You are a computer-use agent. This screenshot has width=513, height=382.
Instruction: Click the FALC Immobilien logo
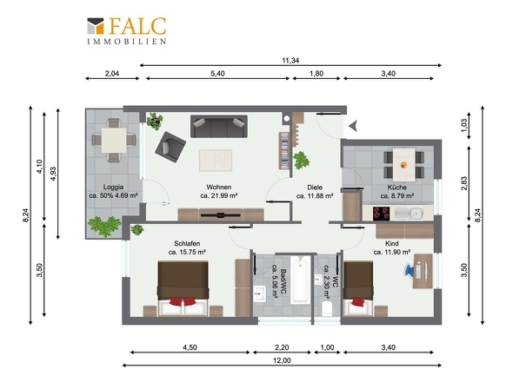127,30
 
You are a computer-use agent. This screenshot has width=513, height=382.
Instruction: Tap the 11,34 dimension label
290,61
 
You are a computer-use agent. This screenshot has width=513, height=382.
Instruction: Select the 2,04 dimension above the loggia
112,74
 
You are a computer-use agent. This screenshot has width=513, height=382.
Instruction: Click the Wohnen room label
218,188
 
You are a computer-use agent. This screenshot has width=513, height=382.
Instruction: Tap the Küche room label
396,188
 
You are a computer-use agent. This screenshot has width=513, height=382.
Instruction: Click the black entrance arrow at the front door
353,126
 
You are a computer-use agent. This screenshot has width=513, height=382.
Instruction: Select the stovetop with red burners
382,214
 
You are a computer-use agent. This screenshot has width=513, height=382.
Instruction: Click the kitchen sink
409,214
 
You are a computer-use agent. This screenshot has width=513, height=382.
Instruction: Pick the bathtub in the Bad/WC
300,280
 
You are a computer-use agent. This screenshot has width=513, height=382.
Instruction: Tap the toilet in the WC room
327,308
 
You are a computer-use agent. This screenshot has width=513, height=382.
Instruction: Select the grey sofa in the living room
219,126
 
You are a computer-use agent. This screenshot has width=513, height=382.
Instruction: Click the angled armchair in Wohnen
170,147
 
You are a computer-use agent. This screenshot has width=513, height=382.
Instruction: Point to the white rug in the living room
216,160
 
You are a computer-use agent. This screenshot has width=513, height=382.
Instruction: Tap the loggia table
114,140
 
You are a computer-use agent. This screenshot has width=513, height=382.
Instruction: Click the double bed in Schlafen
183,289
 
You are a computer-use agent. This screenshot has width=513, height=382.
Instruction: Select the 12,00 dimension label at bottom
282,360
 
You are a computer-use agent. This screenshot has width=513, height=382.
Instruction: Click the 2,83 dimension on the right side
463,183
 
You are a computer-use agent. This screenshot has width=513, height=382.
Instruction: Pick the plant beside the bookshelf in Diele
301,161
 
